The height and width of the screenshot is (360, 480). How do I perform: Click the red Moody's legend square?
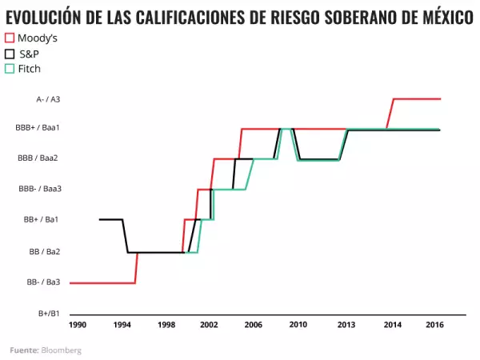pyautogui.click(x=10, y=38)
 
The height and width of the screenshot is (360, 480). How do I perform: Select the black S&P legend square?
pyautogui.click(x=10, y=53)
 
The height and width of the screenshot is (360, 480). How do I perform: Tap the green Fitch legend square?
pyautogui.click(x=10, y=68)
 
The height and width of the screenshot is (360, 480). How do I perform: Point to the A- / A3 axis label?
pyautogui.click(x=48, y=99)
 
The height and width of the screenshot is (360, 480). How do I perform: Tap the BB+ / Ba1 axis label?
pyautogui.click(x=46, y=219)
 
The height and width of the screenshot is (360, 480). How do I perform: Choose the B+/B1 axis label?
pyautogui.click(x=49, y=313)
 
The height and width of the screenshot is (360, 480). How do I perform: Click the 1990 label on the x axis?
pyautogui.click(x=78, y=326)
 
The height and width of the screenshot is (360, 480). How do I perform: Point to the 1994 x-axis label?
pyautogui.click(x=122, y=326)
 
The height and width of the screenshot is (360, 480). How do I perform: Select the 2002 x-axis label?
pyautogui.click(x=209, y=326)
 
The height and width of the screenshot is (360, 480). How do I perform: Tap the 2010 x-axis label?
pyautogui.click(x=298, y=326)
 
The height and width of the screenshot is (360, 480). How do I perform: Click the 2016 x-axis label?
pyautogui.click(x=435, y=326)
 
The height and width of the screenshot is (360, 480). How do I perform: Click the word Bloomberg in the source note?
pyautogui.click(x=62, y=350)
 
